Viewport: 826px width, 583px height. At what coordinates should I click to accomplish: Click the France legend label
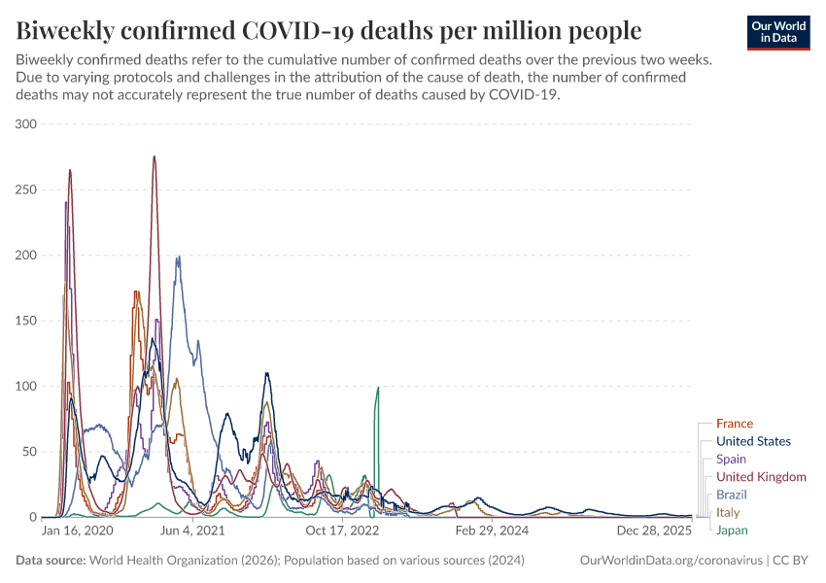point(734,424)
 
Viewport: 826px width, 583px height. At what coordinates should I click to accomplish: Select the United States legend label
point(753,441)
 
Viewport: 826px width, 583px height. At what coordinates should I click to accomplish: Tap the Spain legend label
point(731,459)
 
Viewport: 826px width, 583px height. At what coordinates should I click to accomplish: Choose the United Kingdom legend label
point(761,477)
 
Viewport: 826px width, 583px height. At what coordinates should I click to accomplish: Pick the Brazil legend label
point(732,495)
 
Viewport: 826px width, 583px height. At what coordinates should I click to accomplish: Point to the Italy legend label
point(728,512)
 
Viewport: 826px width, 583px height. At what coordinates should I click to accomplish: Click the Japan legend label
point(732,530)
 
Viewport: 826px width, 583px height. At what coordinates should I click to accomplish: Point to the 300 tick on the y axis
point(26,124)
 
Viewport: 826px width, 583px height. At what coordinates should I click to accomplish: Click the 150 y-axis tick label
point(26,321)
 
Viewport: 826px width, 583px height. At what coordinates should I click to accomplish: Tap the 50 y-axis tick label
point(29,452)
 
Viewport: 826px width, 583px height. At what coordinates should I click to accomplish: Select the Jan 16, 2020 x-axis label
point(78,532)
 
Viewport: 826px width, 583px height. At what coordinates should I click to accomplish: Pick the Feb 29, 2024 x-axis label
point(493,532)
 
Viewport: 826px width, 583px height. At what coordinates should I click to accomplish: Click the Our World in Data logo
point(778,32)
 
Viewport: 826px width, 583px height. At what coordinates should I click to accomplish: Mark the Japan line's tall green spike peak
point(377,388)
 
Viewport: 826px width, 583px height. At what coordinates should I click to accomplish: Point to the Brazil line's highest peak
point(178,257)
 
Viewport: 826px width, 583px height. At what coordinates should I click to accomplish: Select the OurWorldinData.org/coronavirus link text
point(671,561)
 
